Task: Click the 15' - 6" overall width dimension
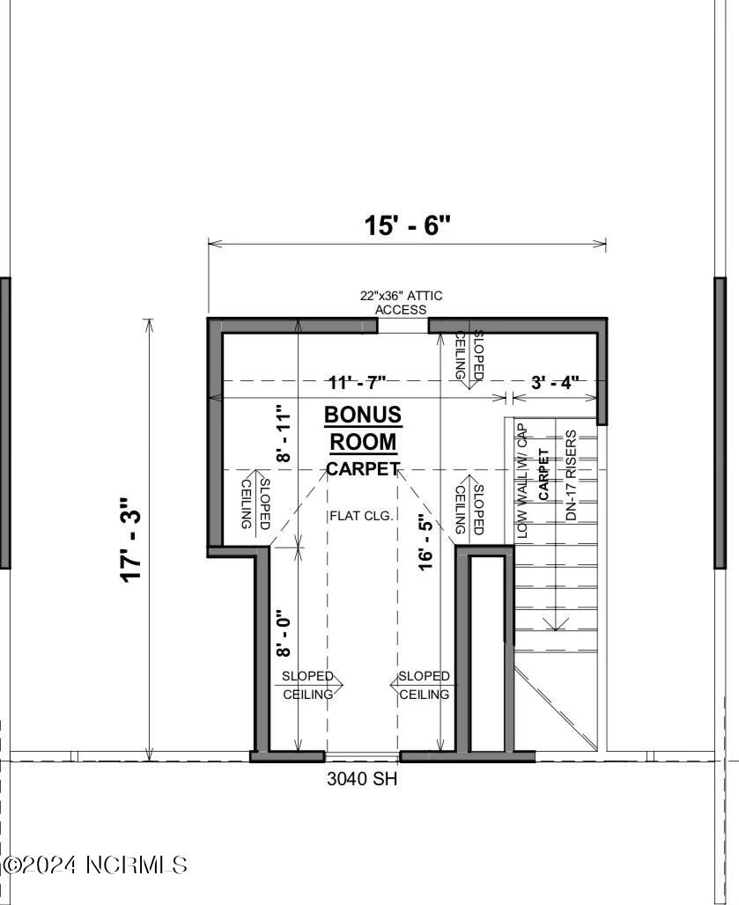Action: (x=407, y=225)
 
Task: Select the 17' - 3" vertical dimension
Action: (x=132, y=539)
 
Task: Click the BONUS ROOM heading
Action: (x=362, y=428)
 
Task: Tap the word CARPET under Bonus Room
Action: (x=363, y=469)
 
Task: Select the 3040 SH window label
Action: (x=362, y=778)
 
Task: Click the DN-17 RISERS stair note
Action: (x=572, y=475)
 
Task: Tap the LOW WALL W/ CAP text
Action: (x=522, y=481)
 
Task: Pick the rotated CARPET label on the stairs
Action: (x=544, y=475)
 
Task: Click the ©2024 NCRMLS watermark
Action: (x=95, y=865)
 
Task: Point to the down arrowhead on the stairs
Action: (x=555, y=625)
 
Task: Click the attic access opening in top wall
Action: (x=403, y=326)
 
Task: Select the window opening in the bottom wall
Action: (x=362, y=756)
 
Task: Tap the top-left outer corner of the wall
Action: (x=209, y=319)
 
